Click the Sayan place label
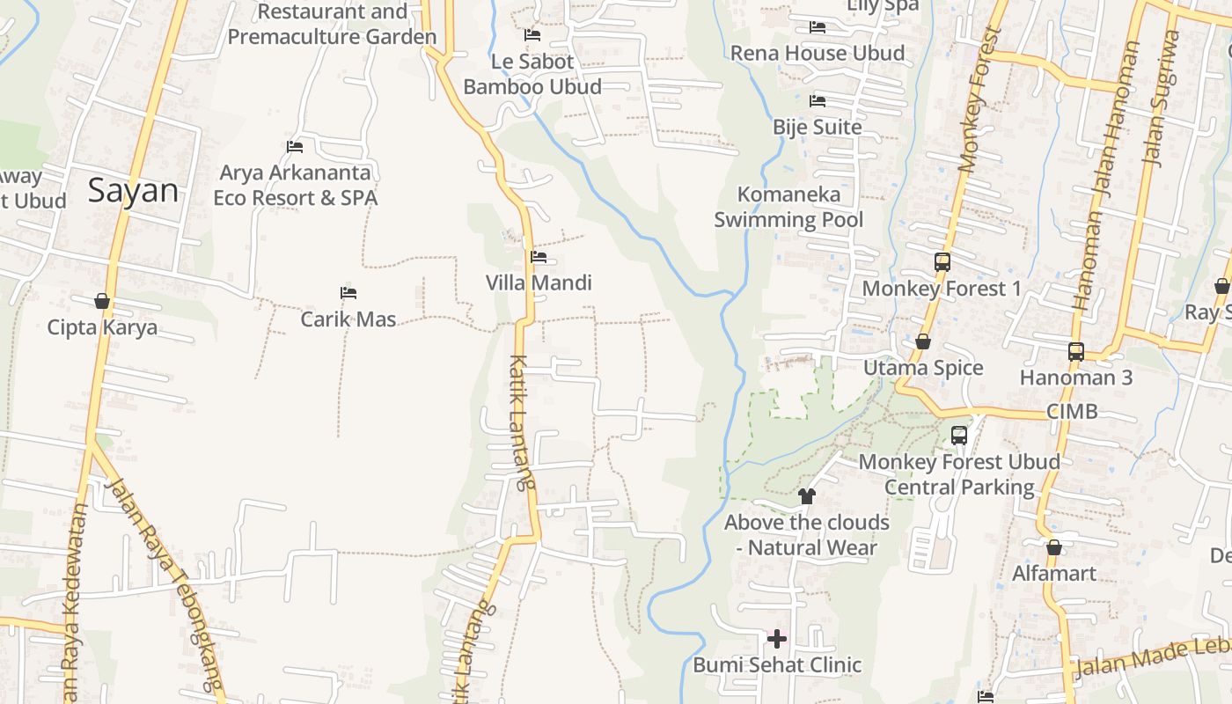point(133,191)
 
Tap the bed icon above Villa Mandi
point(539,257)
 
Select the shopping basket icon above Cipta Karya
point(102,302)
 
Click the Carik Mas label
point(348,319)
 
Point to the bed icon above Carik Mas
point(348,292)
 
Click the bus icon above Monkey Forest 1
point(942,261)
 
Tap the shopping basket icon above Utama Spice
point(923,341)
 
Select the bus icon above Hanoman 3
point(1075,351)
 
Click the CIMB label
point(1072,411)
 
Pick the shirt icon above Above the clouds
point(806,496)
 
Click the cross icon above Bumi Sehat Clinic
point(777,638)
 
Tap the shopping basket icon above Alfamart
point(1053,548)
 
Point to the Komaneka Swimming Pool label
point(788,207)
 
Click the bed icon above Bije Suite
point(818,101)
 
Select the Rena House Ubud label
point(818,53)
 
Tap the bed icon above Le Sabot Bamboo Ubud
point(532,35)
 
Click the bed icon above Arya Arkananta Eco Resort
point(295,146)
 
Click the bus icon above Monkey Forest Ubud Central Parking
point(959,435)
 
